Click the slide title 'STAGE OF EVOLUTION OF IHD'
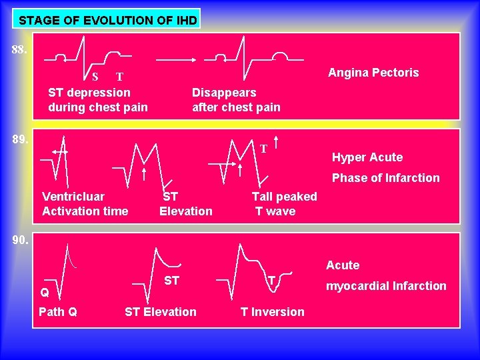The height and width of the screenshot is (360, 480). point(107,20)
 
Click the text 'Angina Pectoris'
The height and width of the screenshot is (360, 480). point(373,72)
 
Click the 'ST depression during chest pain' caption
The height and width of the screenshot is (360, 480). point(98,99)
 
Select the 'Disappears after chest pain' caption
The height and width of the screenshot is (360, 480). point(236,99)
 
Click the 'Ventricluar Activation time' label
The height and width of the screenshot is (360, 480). point(85,203)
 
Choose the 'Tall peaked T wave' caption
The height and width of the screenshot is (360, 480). point(283,203)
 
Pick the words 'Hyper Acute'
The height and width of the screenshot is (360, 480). point(367,157)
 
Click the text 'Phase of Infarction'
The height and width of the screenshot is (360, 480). point(385,178)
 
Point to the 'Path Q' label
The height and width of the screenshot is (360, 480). point(58,311)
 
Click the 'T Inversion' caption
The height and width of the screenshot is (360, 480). point(272,311)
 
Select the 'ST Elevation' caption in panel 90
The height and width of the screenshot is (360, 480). point(161,311)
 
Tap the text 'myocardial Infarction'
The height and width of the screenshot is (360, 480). point(385,286)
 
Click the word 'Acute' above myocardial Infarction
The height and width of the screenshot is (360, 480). point(343,265)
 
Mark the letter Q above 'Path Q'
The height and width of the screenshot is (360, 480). point(44,293)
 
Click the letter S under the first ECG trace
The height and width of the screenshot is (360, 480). point(95,75)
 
